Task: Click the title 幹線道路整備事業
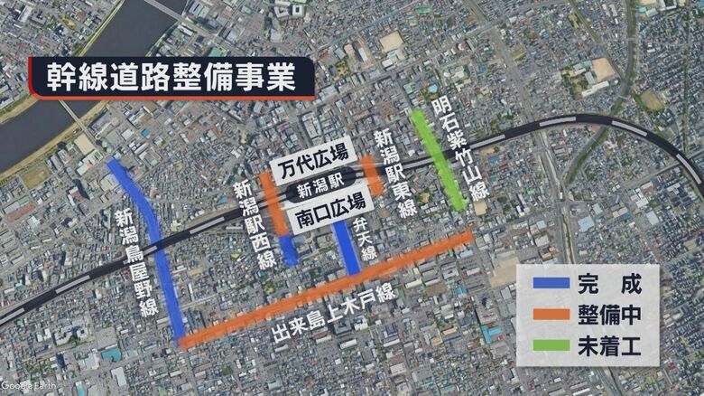point(171,77)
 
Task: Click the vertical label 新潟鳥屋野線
point(136,262)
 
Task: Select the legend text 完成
point(609,285)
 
